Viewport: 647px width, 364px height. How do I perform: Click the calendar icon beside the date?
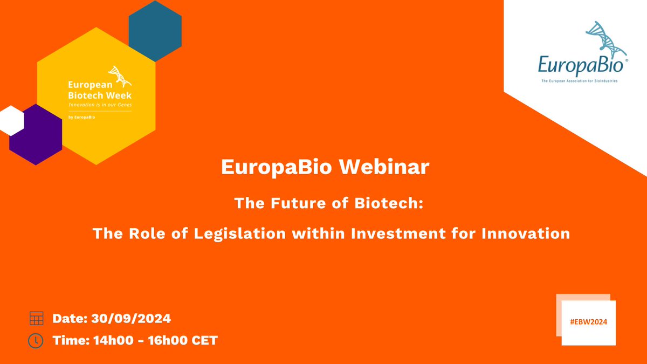click(x=36, y=319)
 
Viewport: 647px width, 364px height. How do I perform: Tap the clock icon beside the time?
click(x=36, y=341)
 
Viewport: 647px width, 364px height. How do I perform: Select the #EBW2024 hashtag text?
click(x=588, y=320)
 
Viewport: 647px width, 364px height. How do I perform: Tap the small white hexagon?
click(x=11, y=120)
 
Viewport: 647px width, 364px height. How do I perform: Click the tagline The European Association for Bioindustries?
click(x=579, y=81)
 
